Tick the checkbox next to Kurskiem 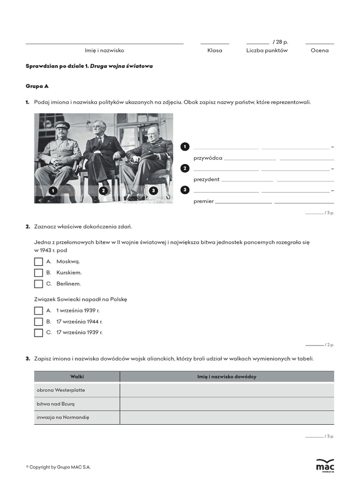click(38, 272)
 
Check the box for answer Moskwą click(38, 261)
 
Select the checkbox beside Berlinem click(38, 284)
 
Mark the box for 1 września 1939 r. click(38, 310)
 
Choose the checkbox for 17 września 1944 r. click(38, 322)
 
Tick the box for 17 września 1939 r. click(38, 333)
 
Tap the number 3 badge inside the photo click(153, 191)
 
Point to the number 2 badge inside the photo click(103, 191)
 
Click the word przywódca click(208, 158)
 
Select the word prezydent click(206, 180)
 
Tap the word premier click(203, 202)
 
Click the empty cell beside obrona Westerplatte click(227, 390)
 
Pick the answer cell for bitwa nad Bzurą click(227, 404)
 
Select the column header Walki click(77, 376)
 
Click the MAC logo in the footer click(325, 465)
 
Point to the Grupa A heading click(37, 86)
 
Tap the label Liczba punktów click(267, 51)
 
